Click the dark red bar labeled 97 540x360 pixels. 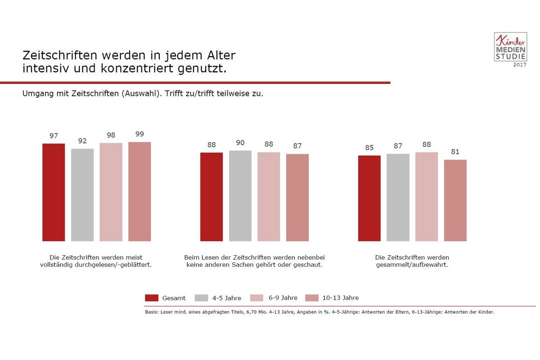[54, 192]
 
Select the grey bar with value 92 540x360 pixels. [82, 194]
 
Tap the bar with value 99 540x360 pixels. [139, 191]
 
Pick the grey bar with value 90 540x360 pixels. [240, 196]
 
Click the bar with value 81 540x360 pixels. [455, 200]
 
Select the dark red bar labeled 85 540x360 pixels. [369, 198]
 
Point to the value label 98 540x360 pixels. [111, 135]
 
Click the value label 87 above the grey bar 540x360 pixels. [398, 146]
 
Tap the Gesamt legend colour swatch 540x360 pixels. [152, 298]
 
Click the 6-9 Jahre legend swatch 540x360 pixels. [256, 298]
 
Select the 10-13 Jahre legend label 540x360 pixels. [341, 298]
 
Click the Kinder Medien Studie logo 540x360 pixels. [510, 47]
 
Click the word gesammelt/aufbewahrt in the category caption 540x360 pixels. [412, 265]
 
